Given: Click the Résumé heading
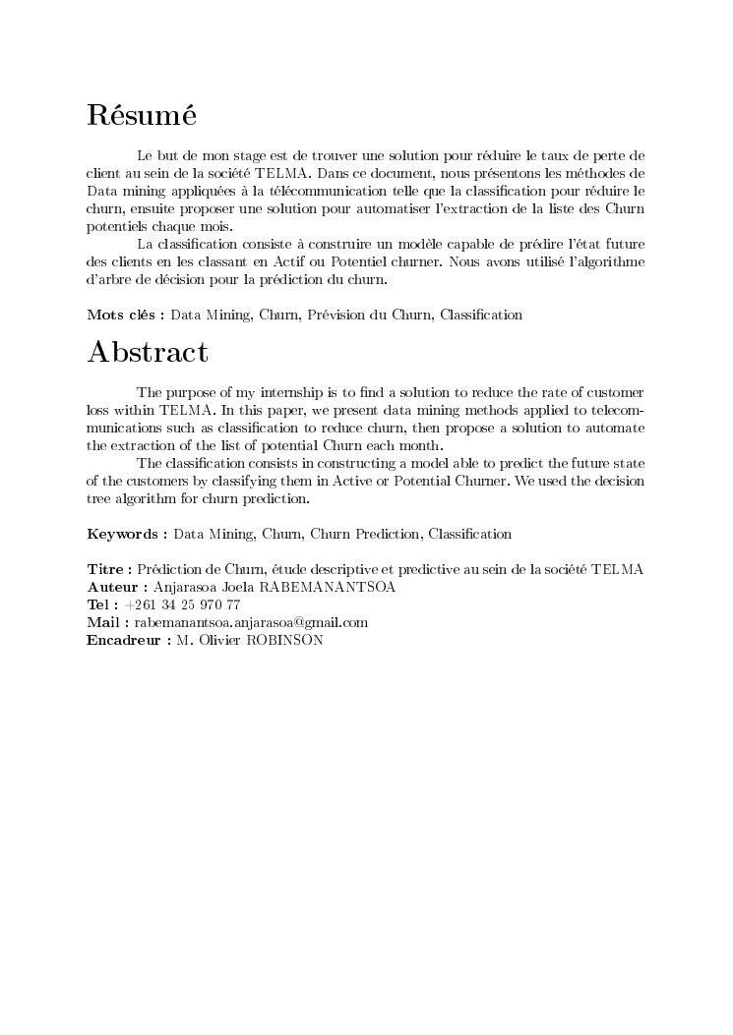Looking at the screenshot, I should (142, 115).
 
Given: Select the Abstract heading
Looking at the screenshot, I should (148, 352).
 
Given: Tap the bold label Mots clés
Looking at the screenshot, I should (125, 315).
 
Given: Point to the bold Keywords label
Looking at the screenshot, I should (127, 534).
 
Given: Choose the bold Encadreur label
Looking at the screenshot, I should (127, 640).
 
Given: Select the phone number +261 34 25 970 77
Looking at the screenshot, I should (183, 604).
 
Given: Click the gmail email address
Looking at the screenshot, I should (251, 622).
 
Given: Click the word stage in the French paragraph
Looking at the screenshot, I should (257, 155).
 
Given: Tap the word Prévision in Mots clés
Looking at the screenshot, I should (339, 315).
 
